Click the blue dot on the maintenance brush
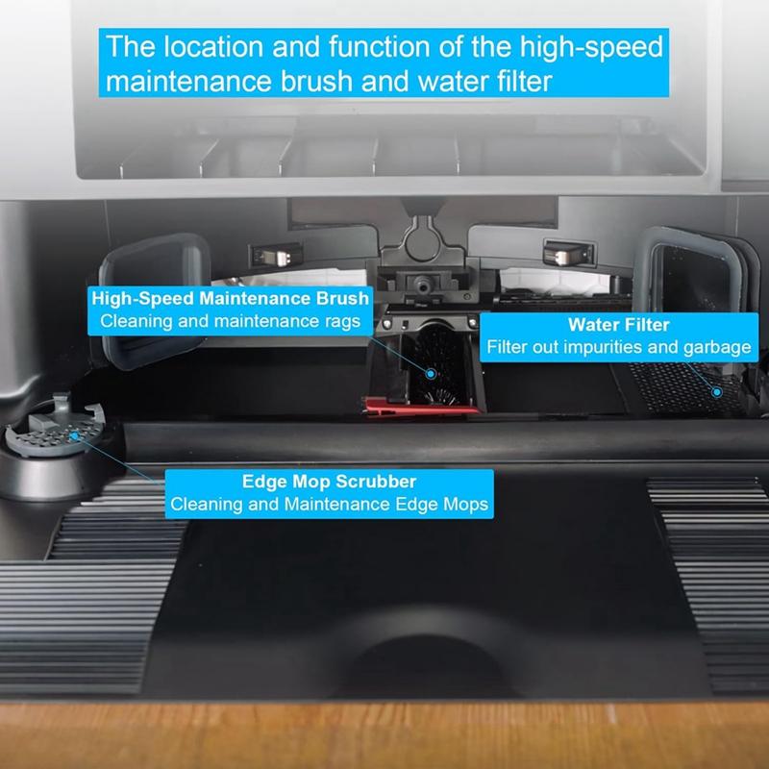click(x=431, y=374)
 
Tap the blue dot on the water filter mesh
click(x=716, y=392)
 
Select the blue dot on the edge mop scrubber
click(x=74, y=435)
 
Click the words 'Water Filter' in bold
click(x=618, y=325)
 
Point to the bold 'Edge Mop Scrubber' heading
click(x=329, y=482)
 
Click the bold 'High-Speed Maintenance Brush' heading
click(x=230, y=298)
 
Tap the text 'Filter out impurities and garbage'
click(x=618, y=347)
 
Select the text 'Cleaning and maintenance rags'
click(x=230, y=321)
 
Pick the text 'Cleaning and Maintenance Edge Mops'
click(x=329, y=504)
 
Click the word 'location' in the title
click(x=213, y=47)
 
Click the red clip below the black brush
click(x=420, y=407)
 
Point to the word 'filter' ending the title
click(x=525, y=82)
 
